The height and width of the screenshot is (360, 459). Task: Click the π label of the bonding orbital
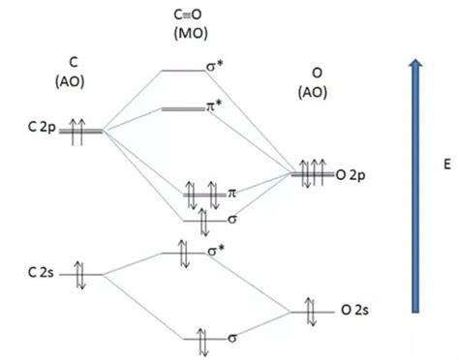point(233,194)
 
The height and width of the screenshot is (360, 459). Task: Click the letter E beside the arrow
point(445,165)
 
